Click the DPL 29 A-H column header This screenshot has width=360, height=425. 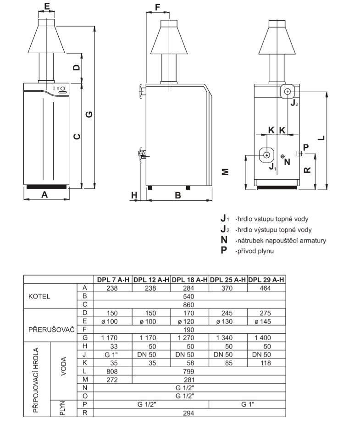pos(266,280)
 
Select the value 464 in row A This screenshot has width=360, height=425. pos(266,288)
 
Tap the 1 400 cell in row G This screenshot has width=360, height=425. pos(266,337)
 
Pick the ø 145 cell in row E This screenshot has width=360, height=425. pos(266,321)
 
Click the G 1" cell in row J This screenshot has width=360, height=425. pos(112,354)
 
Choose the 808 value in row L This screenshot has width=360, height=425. pos(112,370)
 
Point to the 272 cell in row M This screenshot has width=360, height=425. pos(112,379)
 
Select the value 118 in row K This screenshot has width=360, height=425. pos(266,362)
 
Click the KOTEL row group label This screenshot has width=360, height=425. pos(39,296)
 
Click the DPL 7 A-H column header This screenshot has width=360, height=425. pos(112,280)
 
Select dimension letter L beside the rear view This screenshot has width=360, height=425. pos(322,137)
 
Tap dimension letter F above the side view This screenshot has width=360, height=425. pos(158,7)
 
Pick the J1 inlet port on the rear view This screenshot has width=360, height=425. pos(266,155)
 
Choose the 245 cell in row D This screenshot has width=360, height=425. pos(228,313)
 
